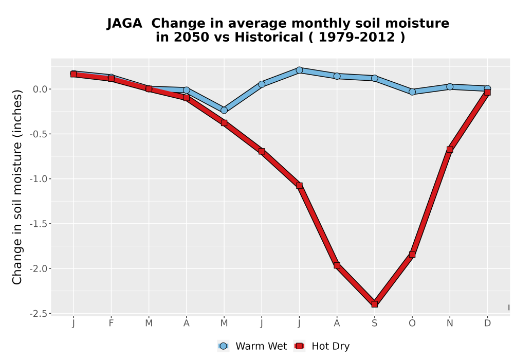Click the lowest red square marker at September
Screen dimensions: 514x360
[x=374, y=304]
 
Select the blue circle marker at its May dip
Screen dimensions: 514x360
[x=224, y=110]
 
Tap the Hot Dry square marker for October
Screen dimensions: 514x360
[x=412, y=255]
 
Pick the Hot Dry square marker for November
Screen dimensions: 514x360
[x=450, y=150]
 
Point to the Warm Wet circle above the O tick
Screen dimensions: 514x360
[x=412, y=92]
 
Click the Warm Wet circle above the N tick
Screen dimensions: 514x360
[x=450, y=87]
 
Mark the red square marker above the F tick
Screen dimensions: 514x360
[x=111, y=79]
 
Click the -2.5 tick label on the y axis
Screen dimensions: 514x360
[x=39, y=314]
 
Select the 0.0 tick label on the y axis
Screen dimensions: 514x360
[x=40, y=89]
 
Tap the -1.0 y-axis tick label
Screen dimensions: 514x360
[x=39, y=179]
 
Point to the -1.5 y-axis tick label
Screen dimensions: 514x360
[x=39, y=224]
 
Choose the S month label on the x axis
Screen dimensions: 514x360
[x=374, y=323]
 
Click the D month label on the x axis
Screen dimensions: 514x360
[x=487, y=323]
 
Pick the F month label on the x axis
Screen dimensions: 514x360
[x=111, y=323]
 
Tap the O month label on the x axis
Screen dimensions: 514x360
[x=412, y=323]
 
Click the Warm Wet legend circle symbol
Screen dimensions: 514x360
[x=223, y=346]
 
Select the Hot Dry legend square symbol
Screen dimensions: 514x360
[x=299, y=346]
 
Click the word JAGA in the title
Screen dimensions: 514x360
[x=124, y=24]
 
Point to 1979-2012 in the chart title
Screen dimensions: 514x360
[x=357, y=38]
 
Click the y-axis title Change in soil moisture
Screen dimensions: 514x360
[x=17, y=187]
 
